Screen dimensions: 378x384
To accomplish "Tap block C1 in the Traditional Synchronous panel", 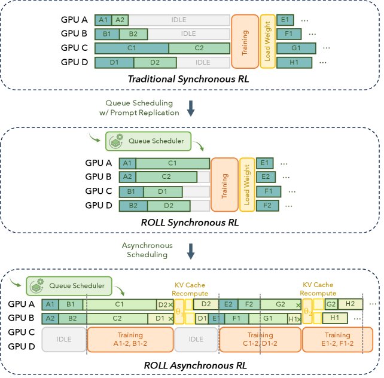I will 131,47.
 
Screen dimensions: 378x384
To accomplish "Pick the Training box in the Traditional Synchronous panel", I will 244,41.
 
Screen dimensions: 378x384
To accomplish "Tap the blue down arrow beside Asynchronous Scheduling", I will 191,250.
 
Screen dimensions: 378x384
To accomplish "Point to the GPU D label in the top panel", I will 76,62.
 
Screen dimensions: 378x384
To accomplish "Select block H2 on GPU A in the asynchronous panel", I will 350,304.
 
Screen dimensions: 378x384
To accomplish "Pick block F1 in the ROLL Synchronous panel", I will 269,191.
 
